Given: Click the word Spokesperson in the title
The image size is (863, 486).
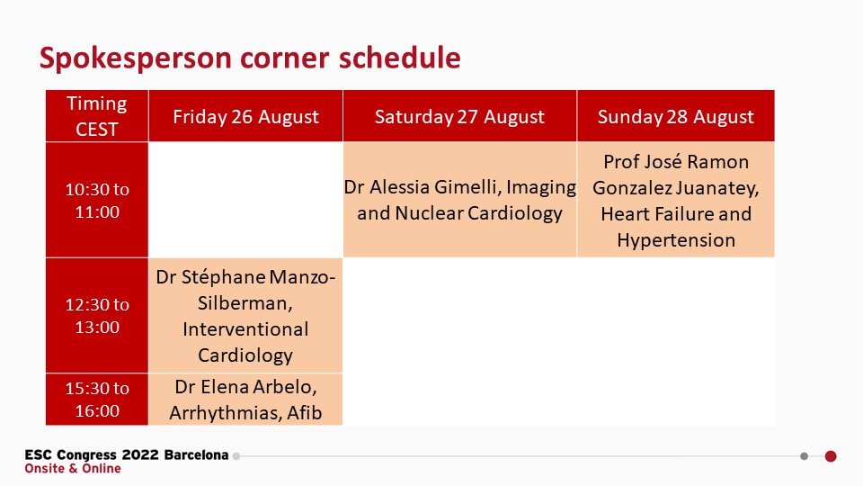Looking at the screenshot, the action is coord(136,58).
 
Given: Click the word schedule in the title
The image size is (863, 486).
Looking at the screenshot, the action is coord(399,58).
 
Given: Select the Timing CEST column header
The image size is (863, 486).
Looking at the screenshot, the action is coord(97,116).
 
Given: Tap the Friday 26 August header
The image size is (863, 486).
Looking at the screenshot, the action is coord(245,116).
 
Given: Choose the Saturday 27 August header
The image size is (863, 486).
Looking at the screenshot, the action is coord(459,116).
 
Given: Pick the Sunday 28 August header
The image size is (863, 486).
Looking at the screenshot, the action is coord(676,116).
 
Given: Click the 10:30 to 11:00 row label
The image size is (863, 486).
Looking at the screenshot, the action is coord(97,200).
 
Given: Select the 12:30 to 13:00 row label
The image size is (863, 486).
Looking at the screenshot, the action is coord(97,316).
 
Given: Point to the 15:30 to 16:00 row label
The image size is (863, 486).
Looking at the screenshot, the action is coord(97,400).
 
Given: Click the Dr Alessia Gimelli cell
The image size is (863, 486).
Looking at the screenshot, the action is coord(459,200).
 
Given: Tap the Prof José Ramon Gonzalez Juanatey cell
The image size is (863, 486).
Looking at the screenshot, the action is coord(676,200).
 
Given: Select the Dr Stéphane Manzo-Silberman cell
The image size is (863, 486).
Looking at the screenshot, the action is coord(245,316).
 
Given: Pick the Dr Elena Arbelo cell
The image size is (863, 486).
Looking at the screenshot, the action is coord(245,400).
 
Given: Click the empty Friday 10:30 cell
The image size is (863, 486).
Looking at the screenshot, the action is coord(245,200).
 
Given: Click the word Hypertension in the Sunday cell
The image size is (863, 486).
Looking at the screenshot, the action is coord(676,240).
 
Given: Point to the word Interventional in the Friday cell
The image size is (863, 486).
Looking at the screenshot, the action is coord(245,329).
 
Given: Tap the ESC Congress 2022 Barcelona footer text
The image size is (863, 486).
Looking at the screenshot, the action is coord(127,455).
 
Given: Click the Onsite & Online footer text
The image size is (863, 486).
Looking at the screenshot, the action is coord(73,468).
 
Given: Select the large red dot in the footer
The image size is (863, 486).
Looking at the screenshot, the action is coord(831,456).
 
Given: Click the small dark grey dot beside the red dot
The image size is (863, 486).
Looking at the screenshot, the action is coord(804,456).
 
